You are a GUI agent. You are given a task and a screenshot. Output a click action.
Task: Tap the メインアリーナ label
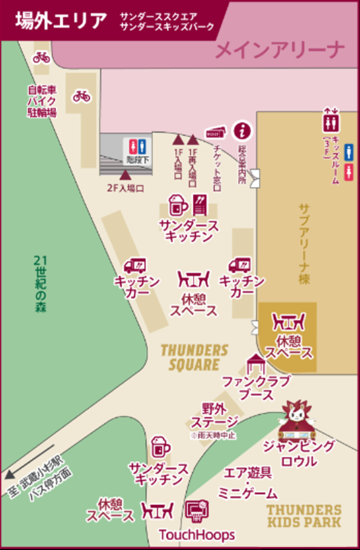[x=281, y=49]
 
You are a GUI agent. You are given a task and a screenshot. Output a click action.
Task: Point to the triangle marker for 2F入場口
[x=126, y=175]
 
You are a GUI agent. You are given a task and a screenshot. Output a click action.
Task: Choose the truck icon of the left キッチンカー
[x=134, y=265]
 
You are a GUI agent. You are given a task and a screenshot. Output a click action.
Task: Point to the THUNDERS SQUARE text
[x=195, y=357]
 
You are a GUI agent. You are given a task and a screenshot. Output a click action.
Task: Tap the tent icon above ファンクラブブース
[x=254, y=363]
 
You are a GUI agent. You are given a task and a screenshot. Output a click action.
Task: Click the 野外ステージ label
[x=213, y=416]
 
